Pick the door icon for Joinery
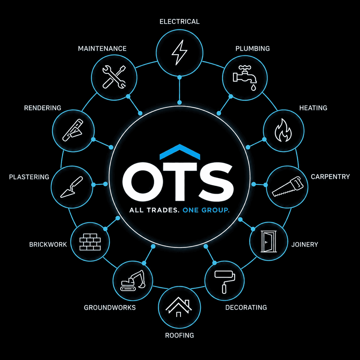268,241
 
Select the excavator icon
133,280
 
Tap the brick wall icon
90,242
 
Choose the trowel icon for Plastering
71,187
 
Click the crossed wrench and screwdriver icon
114,77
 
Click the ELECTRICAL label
179,22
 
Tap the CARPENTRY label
330,177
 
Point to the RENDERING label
42,108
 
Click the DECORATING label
246,307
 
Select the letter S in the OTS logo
216,182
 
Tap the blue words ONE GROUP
206,210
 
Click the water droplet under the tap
253,88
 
